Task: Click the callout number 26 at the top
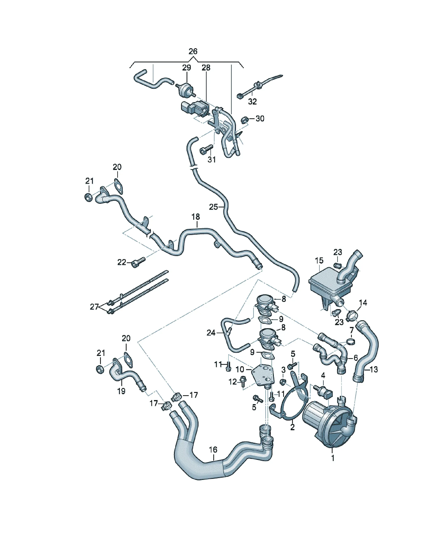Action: pyautogui.click(x=193, y=51)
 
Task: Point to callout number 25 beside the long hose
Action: pyautogui.click(x=213, y=207)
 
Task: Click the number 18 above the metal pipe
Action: pyautogui.click(x=196, y=217)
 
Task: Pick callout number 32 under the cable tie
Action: pyautogui.click(x=252, y=101)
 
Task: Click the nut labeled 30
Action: pyautogui.click(x=244, y=120)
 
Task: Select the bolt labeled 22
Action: pyautogui.click(x=138, y=262)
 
